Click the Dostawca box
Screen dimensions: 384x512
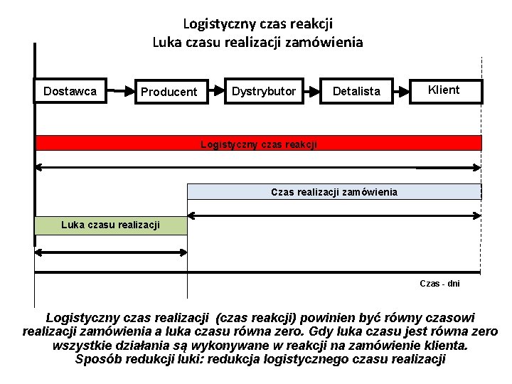click(71, 91)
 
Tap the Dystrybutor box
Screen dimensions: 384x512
click(264, 90)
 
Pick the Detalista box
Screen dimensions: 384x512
click(356, 90)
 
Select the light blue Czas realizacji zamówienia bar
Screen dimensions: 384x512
click(334, 191)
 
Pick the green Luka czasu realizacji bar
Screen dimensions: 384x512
click(110, 225)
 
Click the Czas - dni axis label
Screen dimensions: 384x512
click(439, 283)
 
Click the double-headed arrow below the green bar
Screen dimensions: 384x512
click(111, 251)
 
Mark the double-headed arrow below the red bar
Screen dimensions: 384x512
click(258, 168)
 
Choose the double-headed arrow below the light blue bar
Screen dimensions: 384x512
click(334, 214)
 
